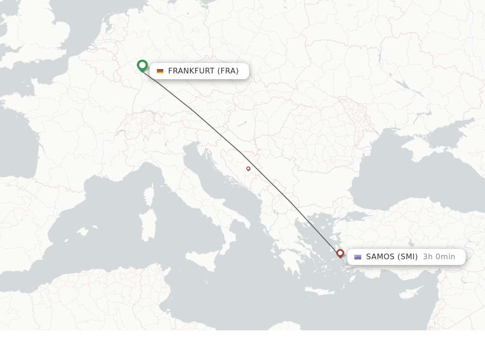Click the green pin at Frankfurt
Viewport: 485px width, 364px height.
click(x=142, y=65)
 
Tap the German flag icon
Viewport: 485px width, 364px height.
click(x=160, y=71)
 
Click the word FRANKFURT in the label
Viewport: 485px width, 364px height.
click(x=191, y=71)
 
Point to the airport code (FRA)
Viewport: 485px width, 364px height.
click(x=228, y=71)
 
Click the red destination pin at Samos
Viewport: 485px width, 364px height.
click(x=340, y=253)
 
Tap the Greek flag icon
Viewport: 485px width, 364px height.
click(x=358, y=257)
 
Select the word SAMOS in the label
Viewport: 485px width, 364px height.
click(x=380, y=257)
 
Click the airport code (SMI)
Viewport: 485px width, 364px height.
click(x=407, y=257)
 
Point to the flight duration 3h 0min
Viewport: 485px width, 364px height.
click(x=439, y=257)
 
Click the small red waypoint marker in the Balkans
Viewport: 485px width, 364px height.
click(x=248, y=168)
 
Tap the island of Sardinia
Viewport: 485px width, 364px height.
click(x=148, y=226)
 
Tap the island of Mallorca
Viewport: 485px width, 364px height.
click(x=83, y=232)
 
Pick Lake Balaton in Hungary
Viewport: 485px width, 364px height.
click(x=242, y=124)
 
